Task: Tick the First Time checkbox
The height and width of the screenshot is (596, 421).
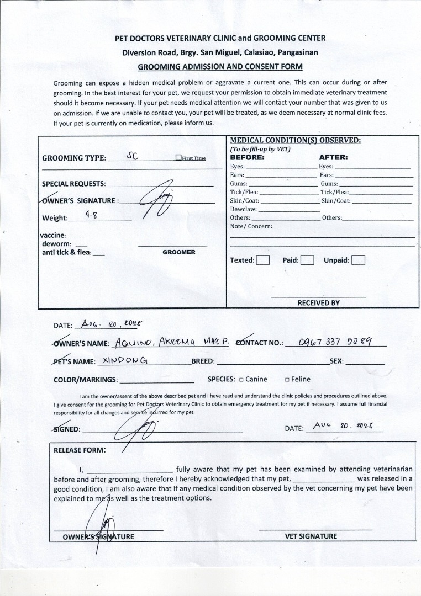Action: (178, 158)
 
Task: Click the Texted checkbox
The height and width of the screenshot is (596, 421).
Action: (263, 260)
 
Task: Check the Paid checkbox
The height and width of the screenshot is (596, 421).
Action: (307, 260)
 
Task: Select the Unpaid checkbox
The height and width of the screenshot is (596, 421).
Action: (358, 260)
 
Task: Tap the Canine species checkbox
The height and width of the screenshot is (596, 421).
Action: (241, 380)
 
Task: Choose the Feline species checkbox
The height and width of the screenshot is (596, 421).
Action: (287, 380)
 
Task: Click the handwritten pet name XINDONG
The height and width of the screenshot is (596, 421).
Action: (124, 361)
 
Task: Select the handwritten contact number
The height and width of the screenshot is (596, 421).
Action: (334, 342)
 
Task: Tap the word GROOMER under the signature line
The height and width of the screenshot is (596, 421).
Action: (178, 252)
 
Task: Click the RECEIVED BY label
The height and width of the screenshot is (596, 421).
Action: (318, 303)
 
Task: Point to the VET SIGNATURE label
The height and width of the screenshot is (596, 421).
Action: (311, 536)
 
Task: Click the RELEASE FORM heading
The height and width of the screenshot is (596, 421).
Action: (80, 450)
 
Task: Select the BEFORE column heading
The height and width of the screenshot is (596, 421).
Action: (248, 157)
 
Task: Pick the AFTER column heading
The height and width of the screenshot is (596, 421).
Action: (333, 157)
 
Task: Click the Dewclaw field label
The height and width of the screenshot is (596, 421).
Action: (243, 209)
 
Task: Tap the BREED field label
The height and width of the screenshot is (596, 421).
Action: (203, 361)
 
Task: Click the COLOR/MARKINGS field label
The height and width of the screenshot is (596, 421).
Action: (85, 380)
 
